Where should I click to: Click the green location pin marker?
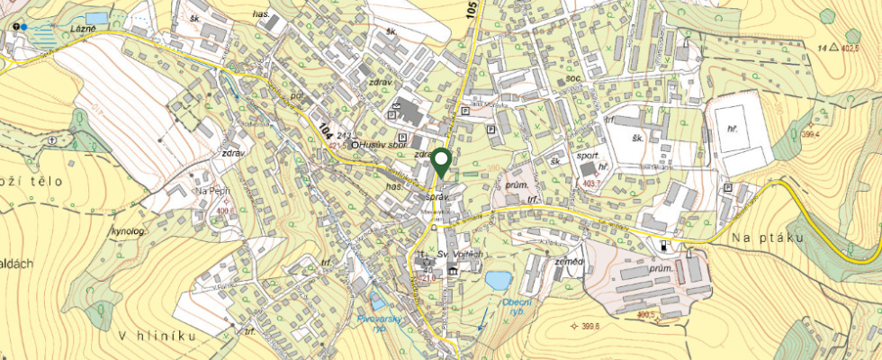pyautogui.click(x=441, y=162)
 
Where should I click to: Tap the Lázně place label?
pyautogui.click(x=85, y=29)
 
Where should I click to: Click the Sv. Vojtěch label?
pyautogui.click(x=460, y=256)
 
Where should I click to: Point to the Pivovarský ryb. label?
pyautogui.click(x=378, y=322)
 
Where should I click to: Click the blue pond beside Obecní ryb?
pyautogui.click(x=497, y=280)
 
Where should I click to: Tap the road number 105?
pyautogui.click(x=471, y=13)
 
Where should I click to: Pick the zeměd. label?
pyautogui.click(x=570, y=262)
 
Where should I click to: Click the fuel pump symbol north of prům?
pyautogui.click(x=664, y=245)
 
